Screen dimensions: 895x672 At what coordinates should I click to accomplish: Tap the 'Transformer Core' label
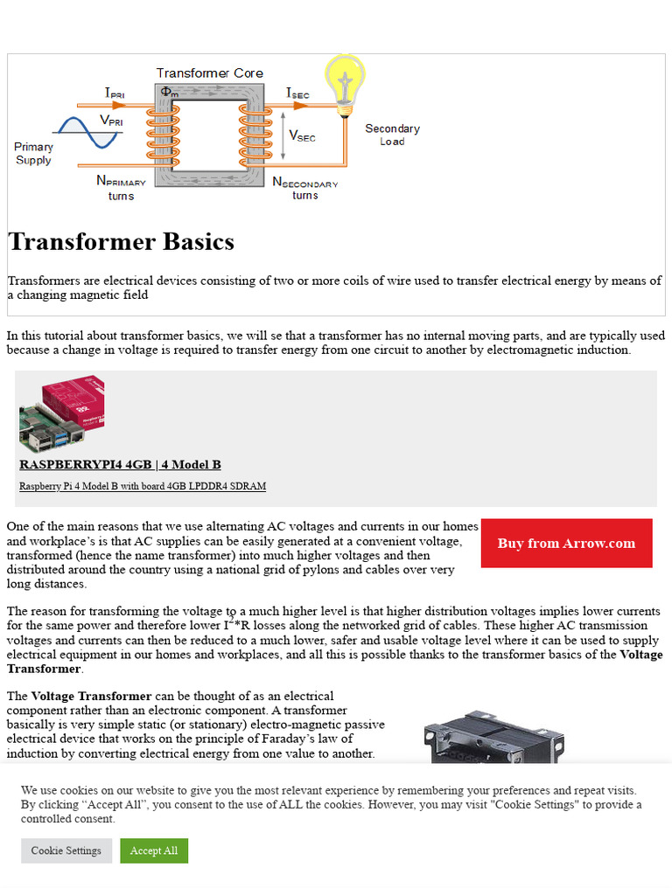[x=209, y=73]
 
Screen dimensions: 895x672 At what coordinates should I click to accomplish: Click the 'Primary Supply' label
[x=33, y=153]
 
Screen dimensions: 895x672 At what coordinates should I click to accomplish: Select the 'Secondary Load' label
[x=392, y=135]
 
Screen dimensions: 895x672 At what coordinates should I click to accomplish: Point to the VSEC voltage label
[x=302, y=135]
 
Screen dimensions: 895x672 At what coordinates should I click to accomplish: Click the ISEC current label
[x=297, y=93]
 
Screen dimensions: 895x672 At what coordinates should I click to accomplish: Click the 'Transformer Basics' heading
[x=121, y=242]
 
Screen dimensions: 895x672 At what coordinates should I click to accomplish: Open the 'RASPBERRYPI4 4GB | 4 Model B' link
[x=120, y=464]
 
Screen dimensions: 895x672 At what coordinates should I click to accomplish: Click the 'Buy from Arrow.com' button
[x=566, y=543]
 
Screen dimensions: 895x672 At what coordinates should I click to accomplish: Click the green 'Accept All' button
[x=154, y=850]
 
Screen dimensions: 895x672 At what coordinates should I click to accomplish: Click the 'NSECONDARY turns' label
[x=304, y=188]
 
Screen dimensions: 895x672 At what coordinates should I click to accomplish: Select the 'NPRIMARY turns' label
[x=121, y=188]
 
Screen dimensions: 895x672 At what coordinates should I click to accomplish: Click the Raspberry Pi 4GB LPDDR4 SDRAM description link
[x=143, y=486]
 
